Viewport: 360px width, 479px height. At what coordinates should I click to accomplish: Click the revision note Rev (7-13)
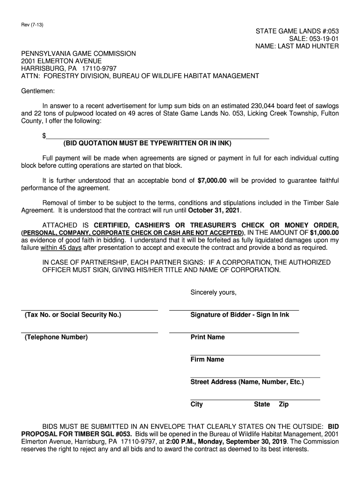(31, 24)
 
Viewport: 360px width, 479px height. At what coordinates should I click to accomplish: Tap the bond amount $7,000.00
(212, 181)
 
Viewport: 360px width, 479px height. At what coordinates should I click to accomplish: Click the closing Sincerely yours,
(213, 293)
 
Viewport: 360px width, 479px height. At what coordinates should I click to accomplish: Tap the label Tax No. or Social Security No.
(72, 315)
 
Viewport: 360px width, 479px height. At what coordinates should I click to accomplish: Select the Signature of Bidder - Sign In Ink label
(239, 315)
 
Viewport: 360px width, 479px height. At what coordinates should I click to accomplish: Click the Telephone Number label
(56, 337)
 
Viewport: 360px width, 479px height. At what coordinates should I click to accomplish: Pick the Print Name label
(207, 337)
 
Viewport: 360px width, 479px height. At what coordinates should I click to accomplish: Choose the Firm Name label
(207, 360)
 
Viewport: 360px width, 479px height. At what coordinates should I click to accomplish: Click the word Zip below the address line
(284, 404)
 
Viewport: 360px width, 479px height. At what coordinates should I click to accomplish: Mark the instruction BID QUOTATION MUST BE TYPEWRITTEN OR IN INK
(147, 143)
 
